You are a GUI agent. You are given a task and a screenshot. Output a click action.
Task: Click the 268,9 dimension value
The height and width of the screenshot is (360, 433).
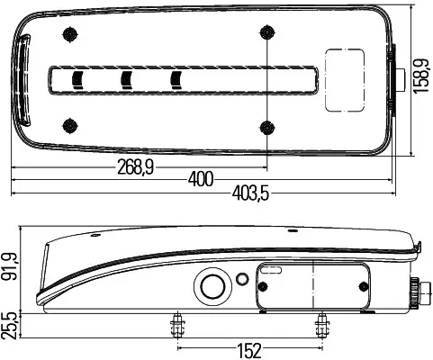point(135,167)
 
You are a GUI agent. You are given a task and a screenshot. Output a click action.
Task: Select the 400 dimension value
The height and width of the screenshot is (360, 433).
point(201,179)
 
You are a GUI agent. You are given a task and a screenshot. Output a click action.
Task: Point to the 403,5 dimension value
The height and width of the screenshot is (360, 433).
point(250,193)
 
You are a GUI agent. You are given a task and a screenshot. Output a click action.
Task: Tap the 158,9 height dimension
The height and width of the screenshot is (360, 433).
point(420,76)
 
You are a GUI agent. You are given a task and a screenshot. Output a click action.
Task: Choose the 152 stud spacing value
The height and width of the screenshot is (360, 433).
point(249,351)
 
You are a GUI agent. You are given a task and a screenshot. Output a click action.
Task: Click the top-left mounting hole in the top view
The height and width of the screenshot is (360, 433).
point(69,34)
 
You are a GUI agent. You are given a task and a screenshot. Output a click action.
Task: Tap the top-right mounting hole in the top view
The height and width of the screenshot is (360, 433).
point(266,32)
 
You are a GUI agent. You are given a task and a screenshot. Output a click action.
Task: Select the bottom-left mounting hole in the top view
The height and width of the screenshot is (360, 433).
point(69,125)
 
